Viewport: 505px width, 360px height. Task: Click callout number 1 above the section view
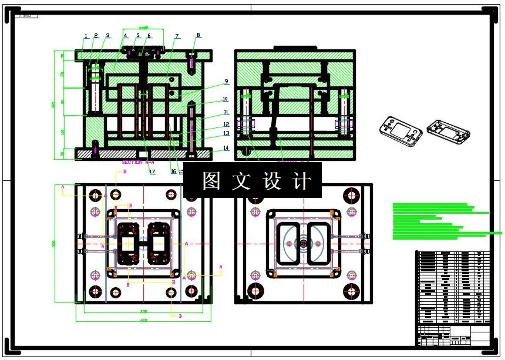[x=86, y=36]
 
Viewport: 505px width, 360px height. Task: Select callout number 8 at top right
[x=198, y=35]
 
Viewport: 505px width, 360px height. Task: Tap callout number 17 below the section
[x=152, y=172]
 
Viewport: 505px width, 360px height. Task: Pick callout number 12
[x=226, y=124]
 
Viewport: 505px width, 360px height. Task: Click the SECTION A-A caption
[x=138, y=161]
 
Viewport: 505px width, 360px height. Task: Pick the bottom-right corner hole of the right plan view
[x=352, y=291]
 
